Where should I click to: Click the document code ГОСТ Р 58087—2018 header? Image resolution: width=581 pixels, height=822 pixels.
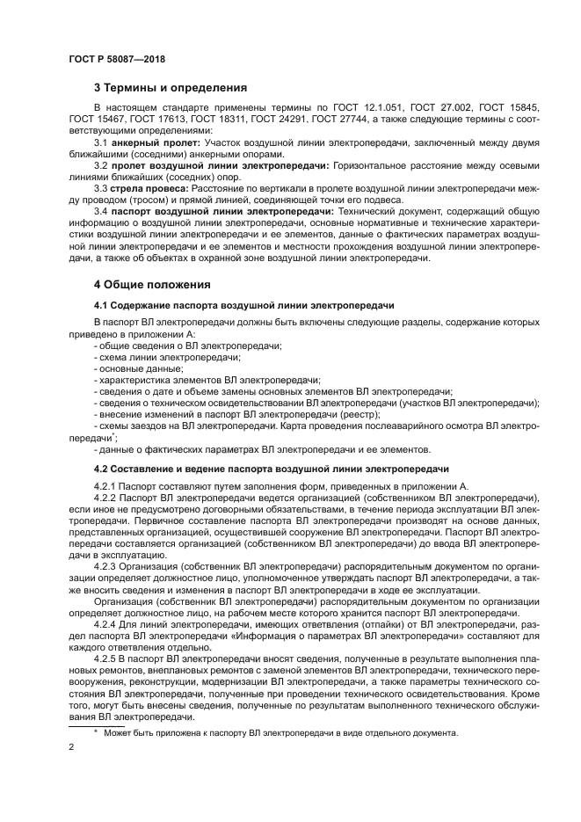[116, 59]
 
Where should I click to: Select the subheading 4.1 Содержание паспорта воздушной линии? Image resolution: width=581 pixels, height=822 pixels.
[243, 306]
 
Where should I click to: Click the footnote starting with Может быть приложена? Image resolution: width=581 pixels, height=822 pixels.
[280, 733]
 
